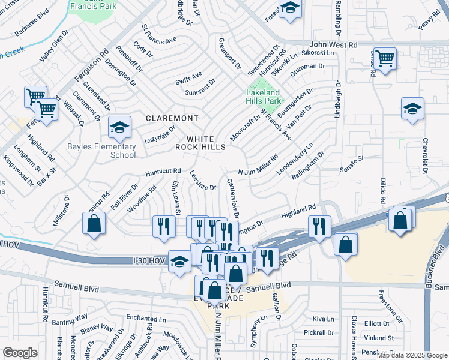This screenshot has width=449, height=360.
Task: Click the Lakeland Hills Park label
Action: pos(263,97)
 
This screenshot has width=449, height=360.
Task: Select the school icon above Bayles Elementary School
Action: pos(119,127)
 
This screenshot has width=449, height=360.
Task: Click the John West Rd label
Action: pos(333,45)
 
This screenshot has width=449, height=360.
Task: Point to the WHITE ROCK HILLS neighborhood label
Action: pos(200,142)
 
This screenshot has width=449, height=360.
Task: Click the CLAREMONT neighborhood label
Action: pos(172,118)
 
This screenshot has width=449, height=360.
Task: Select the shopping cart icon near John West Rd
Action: pos(385,59)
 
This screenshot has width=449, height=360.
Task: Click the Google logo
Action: pos(20,353)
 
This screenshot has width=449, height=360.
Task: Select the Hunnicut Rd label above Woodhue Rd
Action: pos(163,172)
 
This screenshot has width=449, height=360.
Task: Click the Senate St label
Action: pos(352,160)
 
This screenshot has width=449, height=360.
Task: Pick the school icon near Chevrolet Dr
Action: pos(412,109)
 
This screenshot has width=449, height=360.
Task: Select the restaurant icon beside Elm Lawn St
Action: pos(163,226)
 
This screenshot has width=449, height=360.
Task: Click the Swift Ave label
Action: pos(188,79)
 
